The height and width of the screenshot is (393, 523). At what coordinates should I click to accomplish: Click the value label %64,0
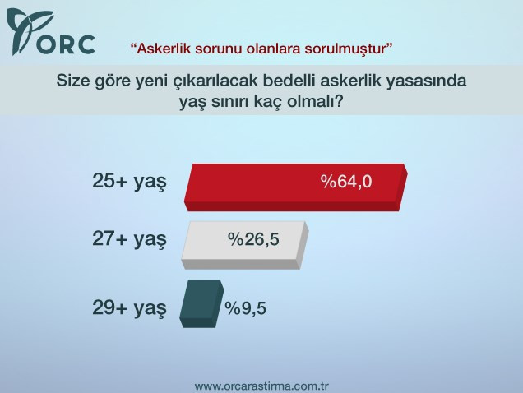346,183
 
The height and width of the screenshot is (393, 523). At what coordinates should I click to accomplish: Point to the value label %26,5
253,239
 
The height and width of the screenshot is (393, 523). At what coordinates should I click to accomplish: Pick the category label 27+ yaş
129,239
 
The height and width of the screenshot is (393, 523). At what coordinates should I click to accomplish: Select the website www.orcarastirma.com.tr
261,385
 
